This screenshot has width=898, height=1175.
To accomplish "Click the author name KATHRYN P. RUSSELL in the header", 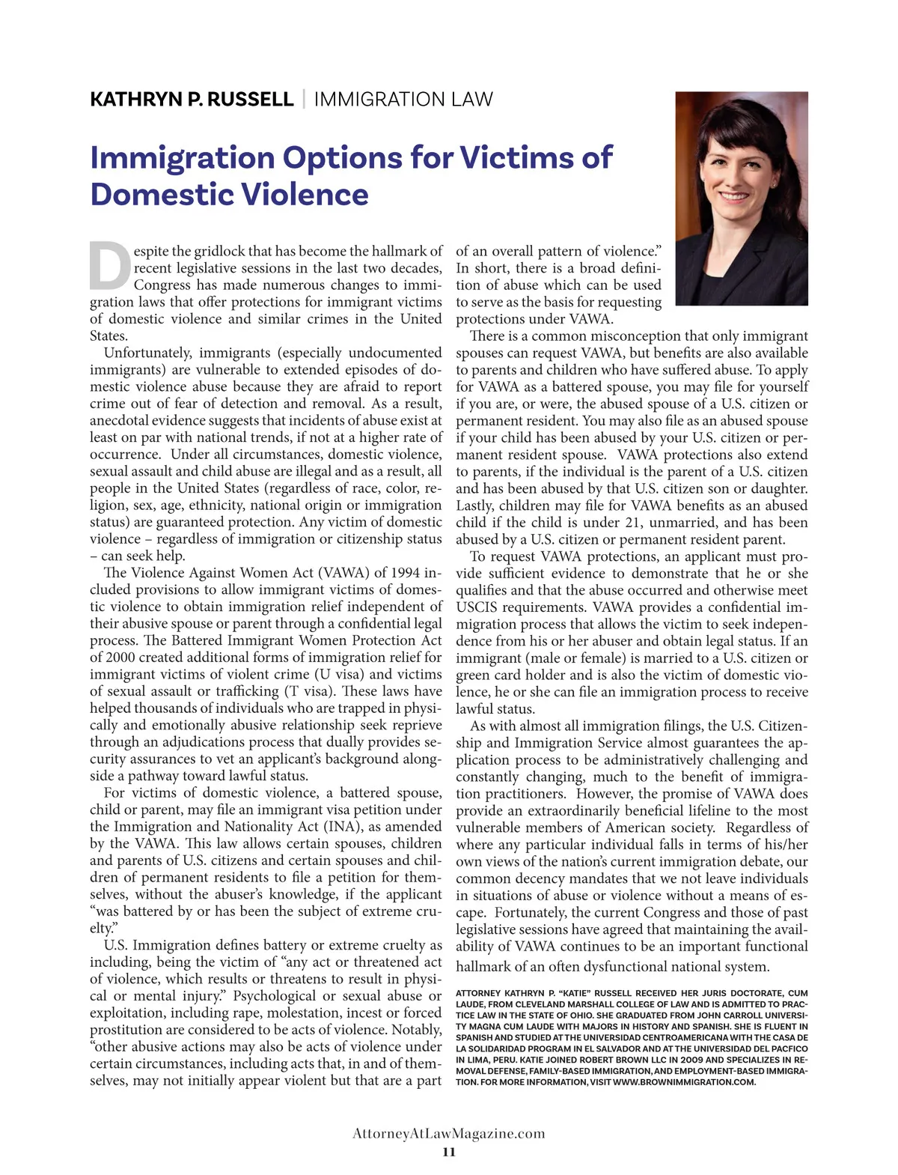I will tap(192, 100).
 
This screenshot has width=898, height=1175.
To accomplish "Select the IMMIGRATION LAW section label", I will tap(403, 100).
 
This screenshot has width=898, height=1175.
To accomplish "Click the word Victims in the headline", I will tap(519, 158).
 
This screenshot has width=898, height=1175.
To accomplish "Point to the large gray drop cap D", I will tap(110, 267).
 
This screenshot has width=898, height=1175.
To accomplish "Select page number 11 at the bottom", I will tap(448, 1152).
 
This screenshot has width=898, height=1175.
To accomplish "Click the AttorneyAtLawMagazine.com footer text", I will tap(448, 1133).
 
